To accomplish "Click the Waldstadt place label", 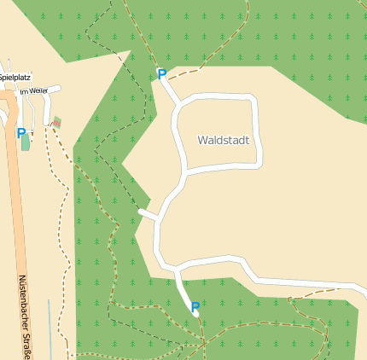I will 223,140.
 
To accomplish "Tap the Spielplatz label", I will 15,77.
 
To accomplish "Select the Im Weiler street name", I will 34,90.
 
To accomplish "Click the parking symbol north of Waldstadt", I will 161,74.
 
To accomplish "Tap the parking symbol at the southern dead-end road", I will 195,306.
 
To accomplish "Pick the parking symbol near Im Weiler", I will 20,132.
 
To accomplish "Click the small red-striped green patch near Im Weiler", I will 56,122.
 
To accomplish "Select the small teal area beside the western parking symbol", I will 26,142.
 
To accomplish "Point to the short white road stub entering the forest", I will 148,213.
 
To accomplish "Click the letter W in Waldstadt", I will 201,140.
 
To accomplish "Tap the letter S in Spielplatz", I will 2,77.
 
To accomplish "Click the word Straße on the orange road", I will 26,342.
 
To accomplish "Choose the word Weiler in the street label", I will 38,90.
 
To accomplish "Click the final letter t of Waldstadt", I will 247,140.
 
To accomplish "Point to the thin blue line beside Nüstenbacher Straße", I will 50,328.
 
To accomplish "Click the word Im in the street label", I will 24,90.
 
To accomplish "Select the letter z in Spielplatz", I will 28,77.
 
